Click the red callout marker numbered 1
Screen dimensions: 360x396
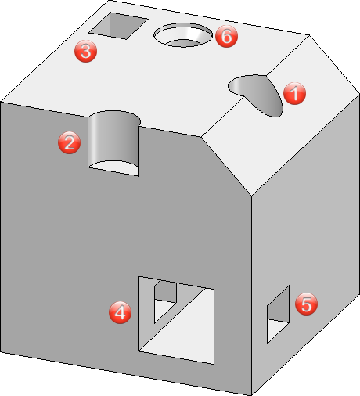tap(294, 93)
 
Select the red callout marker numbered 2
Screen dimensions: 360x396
tap(69, 142)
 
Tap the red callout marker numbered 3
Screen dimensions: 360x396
tap(85, 51)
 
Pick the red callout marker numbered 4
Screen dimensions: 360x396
tap(120, 312)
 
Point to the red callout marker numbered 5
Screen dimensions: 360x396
tap(306, 304)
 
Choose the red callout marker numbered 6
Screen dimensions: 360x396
tap(226, 36)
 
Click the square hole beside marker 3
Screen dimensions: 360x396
tap(119, 26)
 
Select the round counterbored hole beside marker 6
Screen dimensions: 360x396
tap(183, 35)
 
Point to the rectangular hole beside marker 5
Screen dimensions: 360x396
tap(278, 315)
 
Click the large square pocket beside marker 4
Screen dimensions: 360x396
tap(176, 320)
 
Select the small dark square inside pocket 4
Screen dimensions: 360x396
tap(165, 292)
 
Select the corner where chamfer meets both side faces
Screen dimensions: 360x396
tap(251, 196)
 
